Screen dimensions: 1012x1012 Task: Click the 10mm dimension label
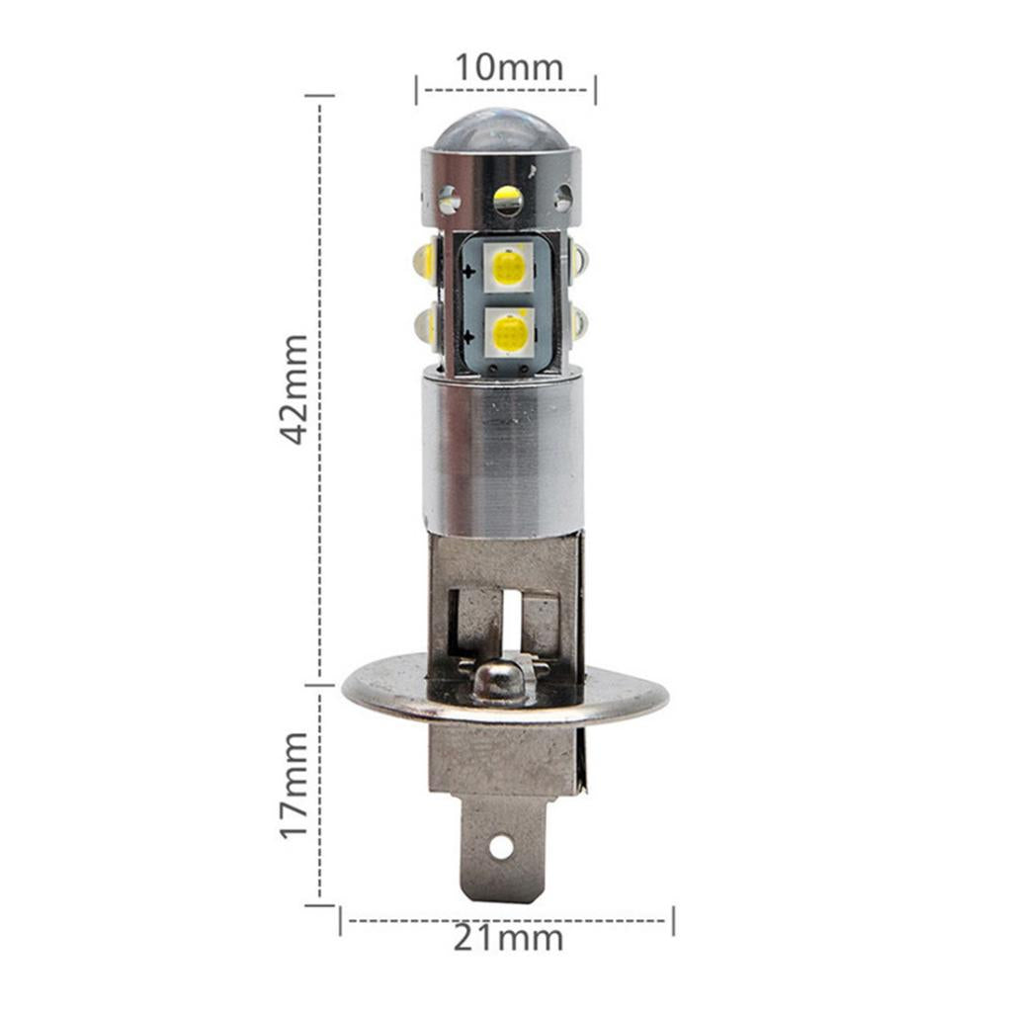(509, 67)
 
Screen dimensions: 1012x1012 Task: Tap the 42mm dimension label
(295, 389)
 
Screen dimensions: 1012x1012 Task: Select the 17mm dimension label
(295, 785)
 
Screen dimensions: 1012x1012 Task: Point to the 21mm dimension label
(508, 938)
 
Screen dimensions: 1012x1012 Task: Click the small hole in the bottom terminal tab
(500, 846)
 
